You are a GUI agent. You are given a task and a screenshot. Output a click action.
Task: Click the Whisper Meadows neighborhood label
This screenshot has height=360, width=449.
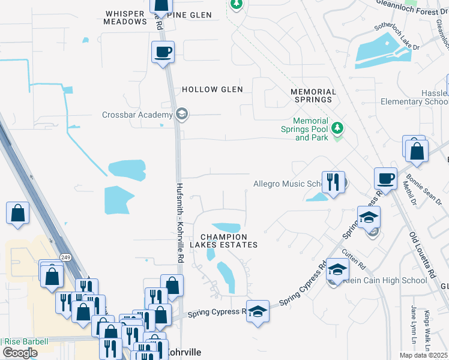[x=125, y=17]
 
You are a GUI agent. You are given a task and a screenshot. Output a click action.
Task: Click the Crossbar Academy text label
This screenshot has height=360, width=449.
[x=137, y=115]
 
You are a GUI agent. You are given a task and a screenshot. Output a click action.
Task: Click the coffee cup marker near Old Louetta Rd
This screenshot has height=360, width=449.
[x=385, y=178]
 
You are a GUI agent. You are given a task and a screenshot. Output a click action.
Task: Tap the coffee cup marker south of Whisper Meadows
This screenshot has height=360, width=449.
[x=163, y=52]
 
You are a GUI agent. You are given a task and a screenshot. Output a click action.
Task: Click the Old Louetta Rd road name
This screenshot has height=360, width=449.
[x=420, y=257]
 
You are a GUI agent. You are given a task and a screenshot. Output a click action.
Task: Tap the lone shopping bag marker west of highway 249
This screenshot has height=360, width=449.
[x=18, y=213]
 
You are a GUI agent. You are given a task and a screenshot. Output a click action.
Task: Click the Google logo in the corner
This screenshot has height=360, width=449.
[x=20, y=353]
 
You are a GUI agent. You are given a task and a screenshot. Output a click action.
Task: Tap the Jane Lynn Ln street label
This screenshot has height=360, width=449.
[x=413, y=321]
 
